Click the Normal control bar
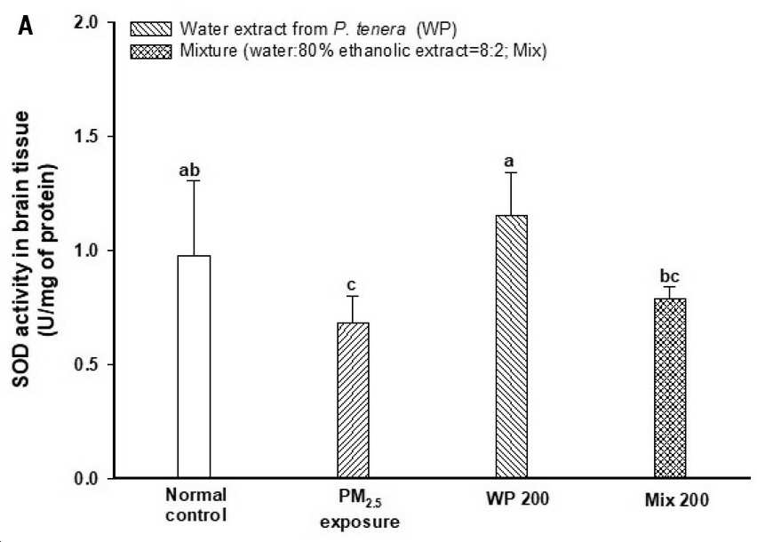tap(194, 367)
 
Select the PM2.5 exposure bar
tap(353, 400)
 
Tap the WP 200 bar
tap(512, 347)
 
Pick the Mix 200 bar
tap(670, 388)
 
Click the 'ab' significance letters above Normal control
tap(189, 171)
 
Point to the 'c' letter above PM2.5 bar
tap(352, 285)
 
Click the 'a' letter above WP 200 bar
tap(509, 162)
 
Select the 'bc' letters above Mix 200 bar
tap(669, 276)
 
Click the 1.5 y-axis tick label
tap(86, 136)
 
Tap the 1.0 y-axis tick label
tap(86, 250)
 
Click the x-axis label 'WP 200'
tap(517, 498)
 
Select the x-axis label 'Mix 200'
tap(677, 499)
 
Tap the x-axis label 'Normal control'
tap(196, 505)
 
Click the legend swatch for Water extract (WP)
tap(151, 29)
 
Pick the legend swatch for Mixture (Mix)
tap(151, 52)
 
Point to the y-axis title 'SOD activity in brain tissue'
tap(21, 249)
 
